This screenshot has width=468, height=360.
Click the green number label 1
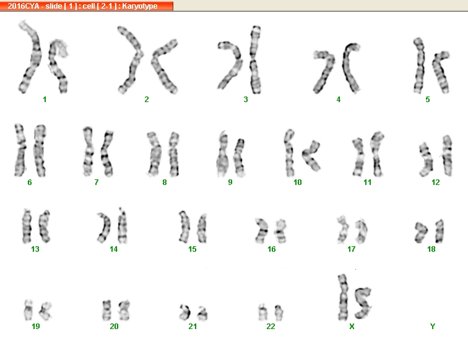[x=45, y=100]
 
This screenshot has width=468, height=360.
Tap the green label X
[x=352, y=327]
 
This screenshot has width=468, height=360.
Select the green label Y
[x=433, y=327]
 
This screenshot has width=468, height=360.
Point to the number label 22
[x=271, y=327]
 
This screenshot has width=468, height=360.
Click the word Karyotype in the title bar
[x=140, y=6]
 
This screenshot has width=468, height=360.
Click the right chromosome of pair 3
[x=255, y=59]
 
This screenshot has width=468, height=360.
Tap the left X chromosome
[x=343, y=298]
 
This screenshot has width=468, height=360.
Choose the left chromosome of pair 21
[x=185, y=312]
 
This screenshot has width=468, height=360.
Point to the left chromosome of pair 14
[x=104, y=227]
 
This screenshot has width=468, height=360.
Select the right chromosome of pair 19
[x=45, y=311]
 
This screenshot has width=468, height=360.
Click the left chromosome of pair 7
[x=89, y=152]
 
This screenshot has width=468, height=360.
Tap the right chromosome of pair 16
[x=280, y=231]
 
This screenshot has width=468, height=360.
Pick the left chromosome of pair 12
[x=426, y=160]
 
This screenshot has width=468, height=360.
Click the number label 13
[x=35, y=249]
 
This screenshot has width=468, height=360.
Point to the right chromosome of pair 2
[x=163, y=66]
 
